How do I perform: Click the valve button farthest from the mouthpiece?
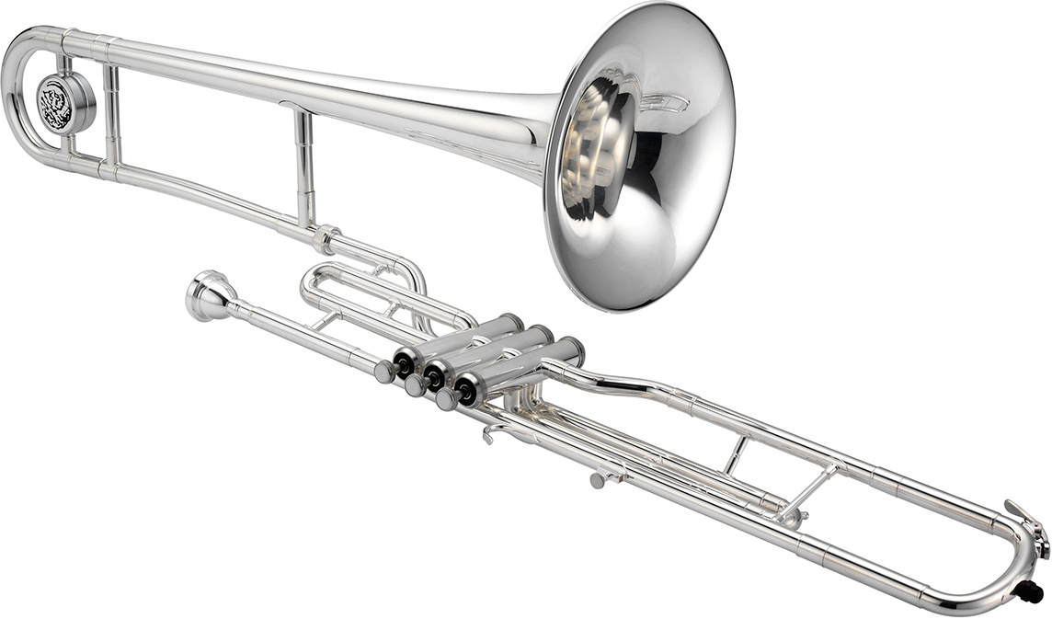[x=447, y=398]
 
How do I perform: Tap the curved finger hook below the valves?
[x=497, y=430]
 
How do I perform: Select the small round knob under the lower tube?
[x=599, y=479]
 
